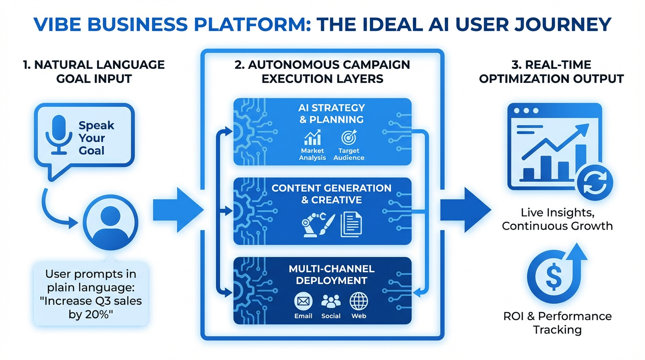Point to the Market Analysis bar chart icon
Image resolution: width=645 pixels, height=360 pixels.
coord(312,137)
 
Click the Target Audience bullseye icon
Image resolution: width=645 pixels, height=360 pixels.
coord(349,137)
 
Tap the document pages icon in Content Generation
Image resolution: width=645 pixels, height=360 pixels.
coord(351,224)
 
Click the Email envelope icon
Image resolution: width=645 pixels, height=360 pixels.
coord(303,301)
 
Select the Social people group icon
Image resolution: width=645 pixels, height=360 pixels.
coord(331,301)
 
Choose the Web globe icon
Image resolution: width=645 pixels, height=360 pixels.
coord(359,301)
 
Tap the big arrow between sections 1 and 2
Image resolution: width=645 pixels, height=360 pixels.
coord(177,209)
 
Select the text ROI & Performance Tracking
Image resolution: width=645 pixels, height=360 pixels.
coord(557,322)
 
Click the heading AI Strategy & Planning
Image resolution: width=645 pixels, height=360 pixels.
coord(331,113)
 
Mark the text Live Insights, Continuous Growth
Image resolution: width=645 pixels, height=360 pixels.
coord(557,219)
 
